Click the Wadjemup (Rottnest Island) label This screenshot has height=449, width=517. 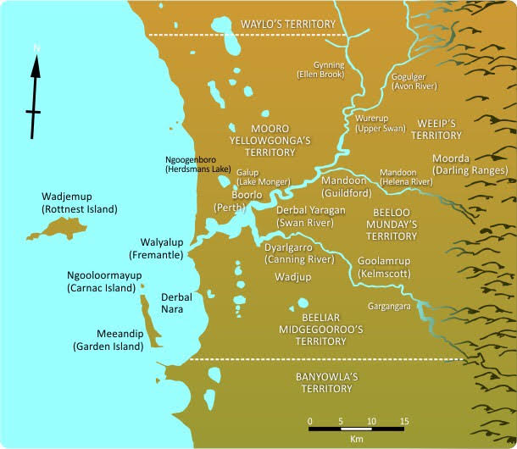point(79,202)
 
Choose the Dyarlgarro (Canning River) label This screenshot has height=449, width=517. point(296,252)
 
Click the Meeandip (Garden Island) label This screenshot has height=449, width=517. point(104,340)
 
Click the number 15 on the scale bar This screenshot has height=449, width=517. point(404,421)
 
